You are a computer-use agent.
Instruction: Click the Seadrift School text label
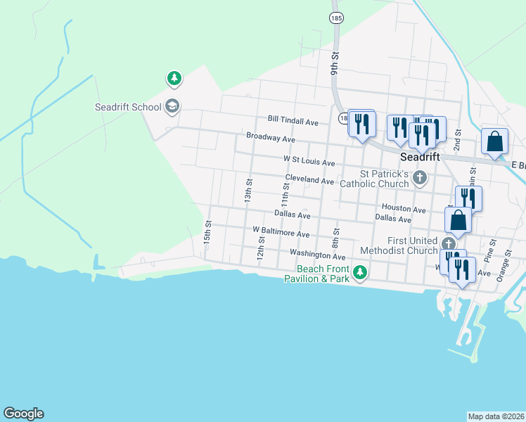[128, 108]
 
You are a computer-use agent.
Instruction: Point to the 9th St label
[335, 63]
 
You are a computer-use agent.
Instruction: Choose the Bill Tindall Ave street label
[293, 122]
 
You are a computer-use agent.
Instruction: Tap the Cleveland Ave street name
[309, 181]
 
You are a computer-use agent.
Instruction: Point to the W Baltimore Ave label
[281, 231]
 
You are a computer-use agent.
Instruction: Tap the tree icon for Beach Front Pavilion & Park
[360, 272]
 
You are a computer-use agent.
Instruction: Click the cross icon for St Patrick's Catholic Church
[420, 177]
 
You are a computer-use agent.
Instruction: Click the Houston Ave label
[404, 209]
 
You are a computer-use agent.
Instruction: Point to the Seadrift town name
[420, 157]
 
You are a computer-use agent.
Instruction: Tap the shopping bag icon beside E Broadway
[495, 141]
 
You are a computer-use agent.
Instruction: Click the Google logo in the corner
[23, 414]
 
